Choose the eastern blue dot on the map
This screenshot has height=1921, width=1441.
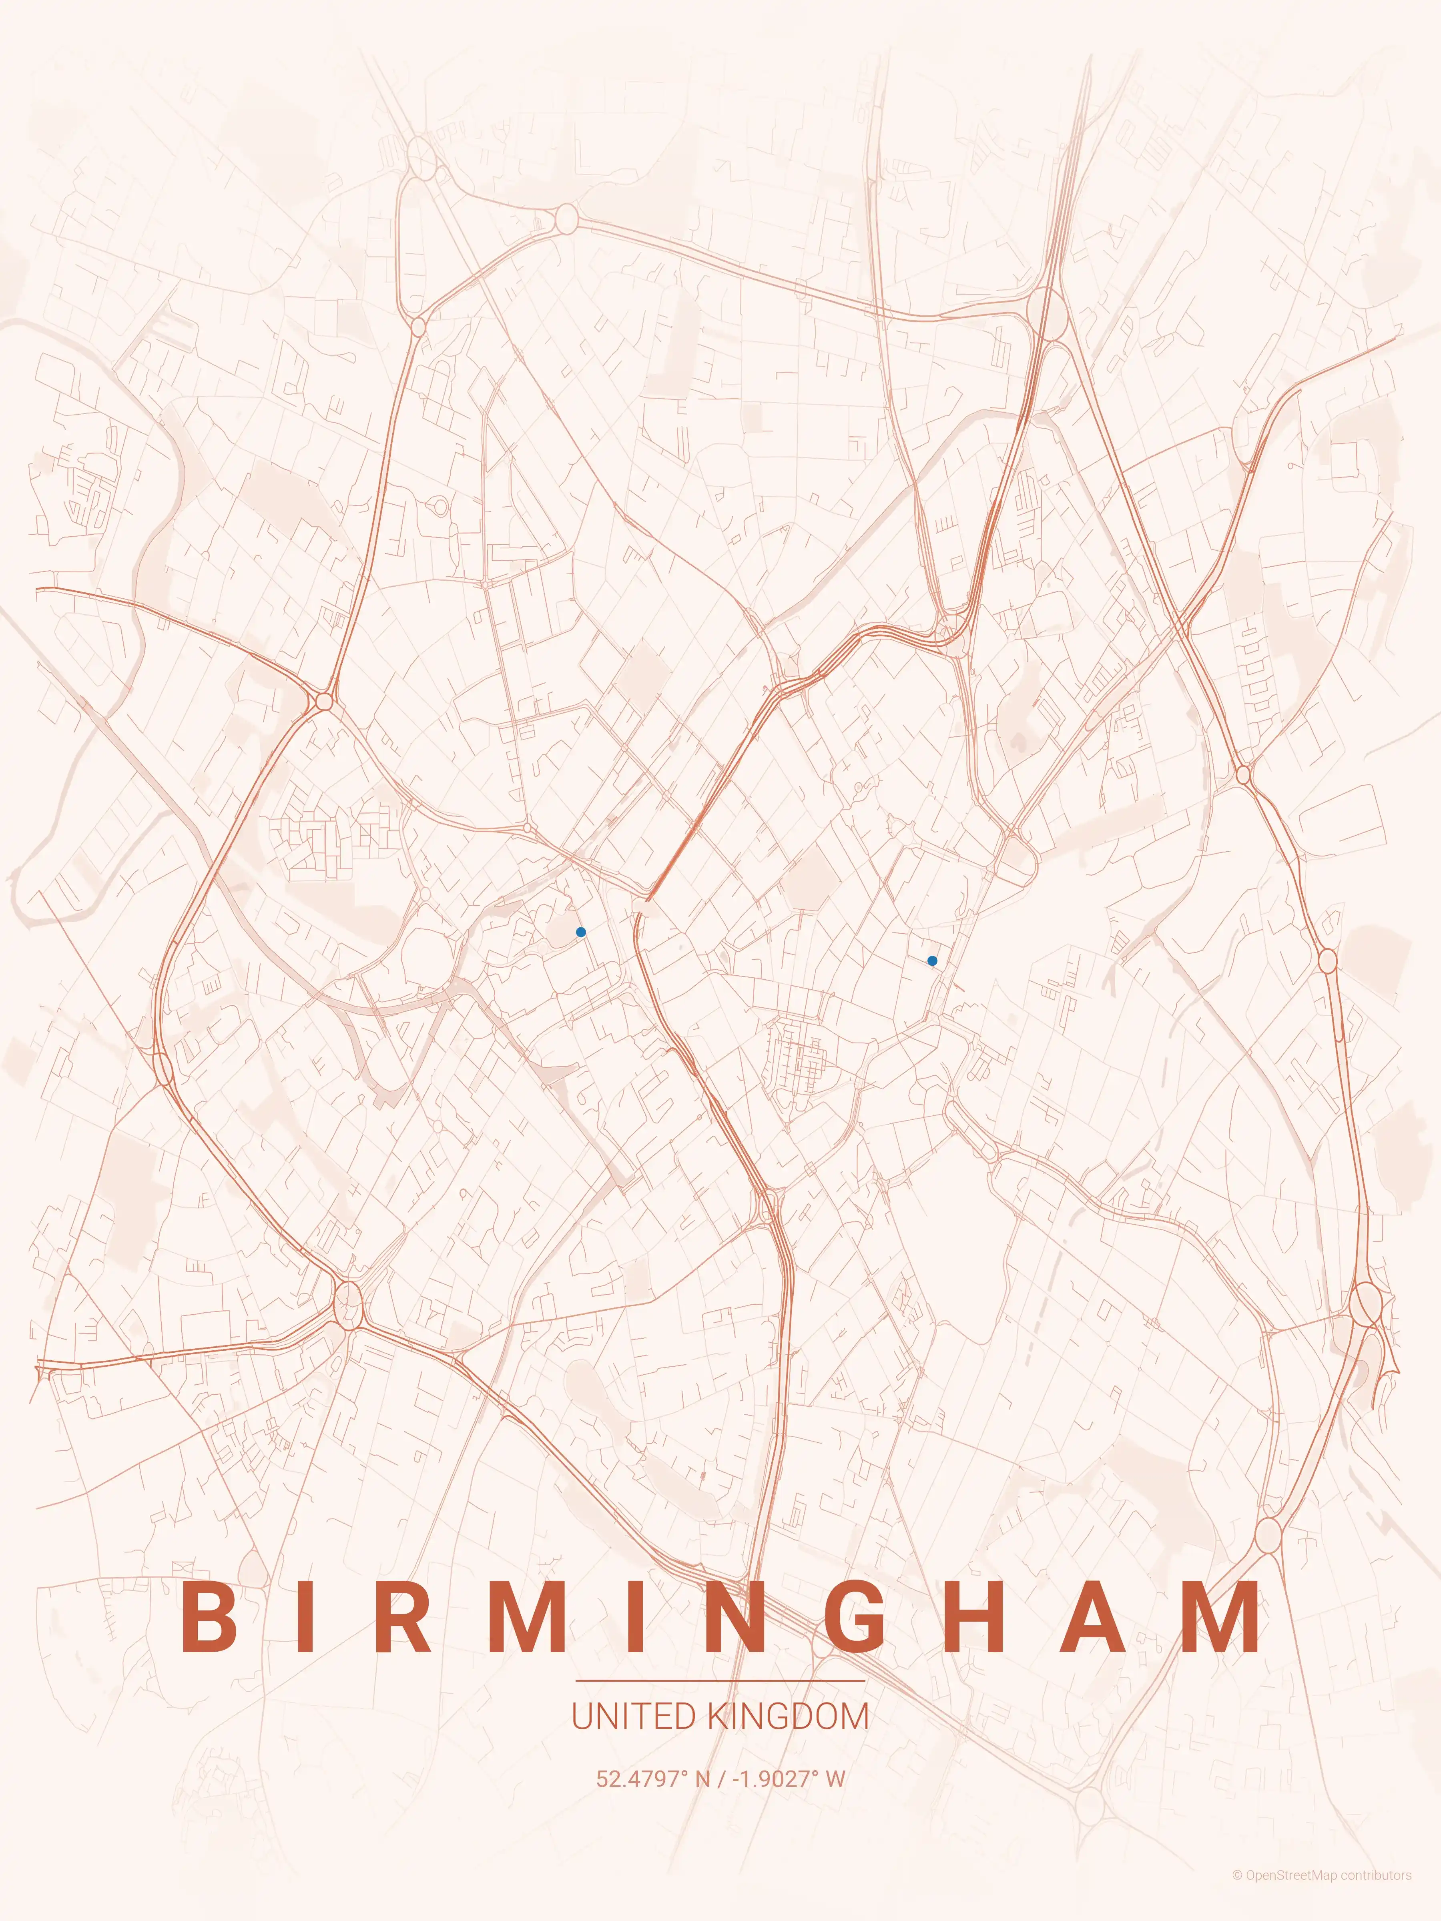coord(932,960)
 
